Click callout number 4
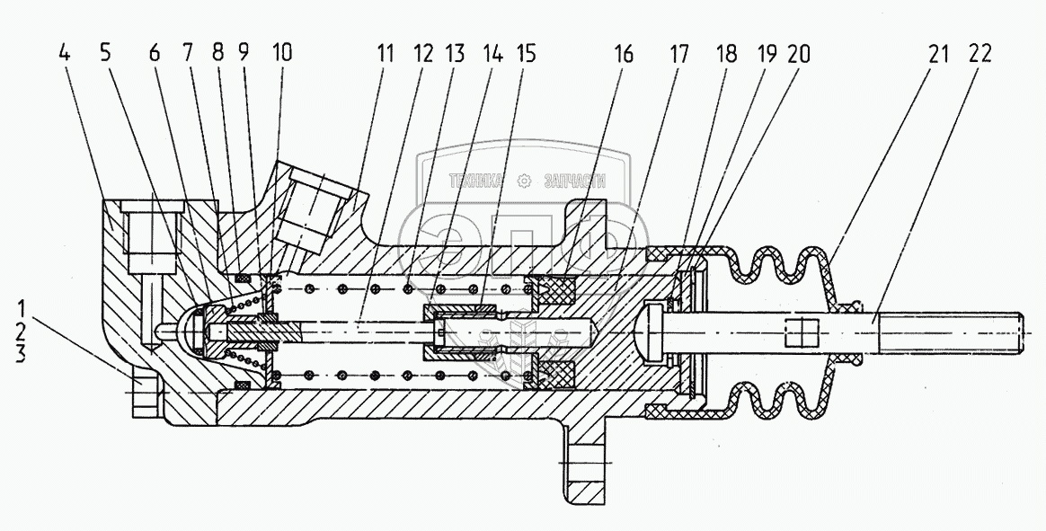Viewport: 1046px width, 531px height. tap(64, 53)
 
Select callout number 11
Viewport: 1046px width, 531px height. tap(385, 53)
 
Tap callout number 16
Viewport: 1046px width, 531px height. tap(623, 53)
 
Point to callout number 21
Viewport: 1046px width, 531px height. tap(938, 53)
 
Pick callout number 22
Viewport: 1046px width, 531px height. tap(980, 53)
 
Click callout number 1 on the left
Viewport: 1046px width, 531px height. tap(22, 311)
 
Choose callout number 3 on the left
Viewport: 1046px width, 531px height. tap(21, 354)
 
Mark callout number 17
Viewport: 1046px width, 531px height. tap(679, 53)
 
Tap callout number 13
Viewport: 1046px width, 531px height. tap(456, 53)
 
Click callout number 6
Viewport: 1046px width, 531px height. tap(155, 53)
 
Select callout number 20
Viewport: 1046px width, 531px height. tap(798, 53)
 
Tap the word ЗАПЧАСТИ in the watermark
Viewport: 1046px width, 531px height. tap(575, 181)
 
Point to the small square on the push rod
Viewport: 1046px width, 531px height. tap(801, 332)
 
